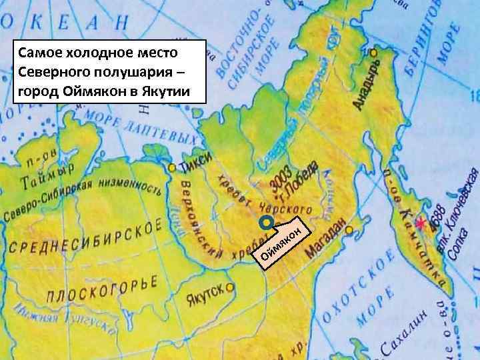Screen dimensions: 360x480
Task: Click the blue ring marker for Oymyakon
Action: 266,221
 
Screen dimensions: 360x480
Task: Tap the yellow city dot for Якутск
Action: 230,288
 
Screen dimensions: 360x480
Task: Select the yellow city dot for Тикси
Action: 173,167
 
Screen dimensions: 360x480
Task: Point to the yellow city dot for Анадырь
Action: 374,52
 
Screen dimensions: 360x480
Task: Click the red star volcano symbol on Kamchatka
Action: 419,221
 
